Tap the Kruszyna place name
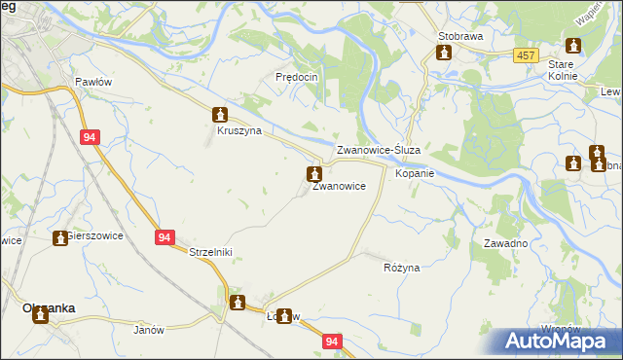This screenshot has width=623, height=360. (x=238, y=129)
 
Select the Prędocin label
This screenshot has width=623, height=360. (x=298, y=76)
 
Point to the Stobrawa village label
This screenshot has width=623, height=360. (x=460, y=35)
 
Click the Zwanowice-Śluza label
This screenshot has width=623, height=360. (x=378, y=151)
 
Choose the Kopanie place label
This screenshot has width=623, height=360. (x=414, y=172)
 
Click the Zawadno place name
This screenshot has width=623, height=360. (x=505, y=243)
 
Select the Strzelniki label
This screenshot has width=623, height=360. (x=209, y=251)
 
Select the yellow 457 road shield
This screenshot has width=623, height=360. (x=527, y=56)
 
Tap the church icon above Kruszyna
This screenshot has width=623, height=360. (x=221, y=114)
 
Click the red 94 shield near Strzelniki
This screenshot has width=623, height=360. (x=164, y=236)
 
